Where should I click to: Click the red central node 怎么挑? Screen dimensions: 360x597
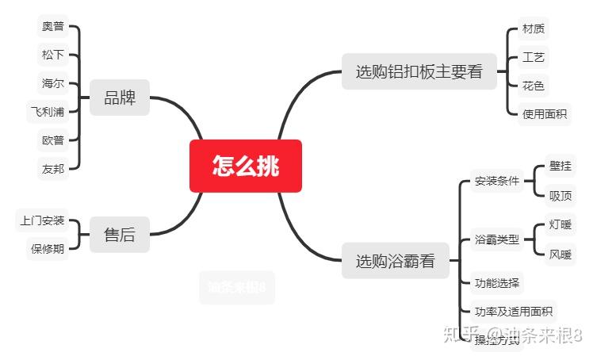pos(246,166)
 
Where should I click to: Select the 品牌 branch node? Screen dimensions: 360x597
pos(120,99)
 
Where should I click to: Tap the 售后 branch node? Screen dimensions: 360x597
pos(120,235)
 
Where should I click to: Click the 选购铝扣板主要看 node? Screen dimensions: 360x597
pos(419,71)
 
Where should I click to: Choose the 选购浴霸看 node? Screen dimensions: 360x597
pos(395,261)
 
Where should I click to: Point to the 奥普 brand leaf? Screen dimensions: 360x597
pos(53,26)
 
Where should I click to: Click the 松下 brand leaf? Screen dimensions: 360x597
pos(53,55)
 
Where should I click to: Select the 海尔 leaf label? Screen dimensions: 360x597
pos(53,82)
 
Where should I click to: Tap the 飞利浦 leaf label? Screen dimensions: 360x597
pos(48,111)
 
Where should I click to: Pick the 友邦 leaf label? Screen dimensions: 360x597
pos(53,168)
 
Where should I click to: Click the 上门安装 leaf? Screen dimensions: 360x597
pos(43,220)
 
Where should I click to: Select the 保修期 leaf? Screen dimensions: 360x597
pos(48,248)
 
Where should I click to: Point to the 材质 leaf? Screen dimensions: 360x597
pos(534,29)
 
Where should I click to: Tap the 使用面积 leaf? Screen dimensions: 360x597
pos(545,113)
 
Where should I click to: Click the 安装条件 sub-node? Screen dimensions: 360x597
pos(497,181)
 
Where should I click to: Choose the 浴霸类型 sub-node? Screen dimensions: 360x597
pos(497,239)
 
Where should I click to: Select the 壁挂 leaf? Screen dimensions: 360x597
pos(561,166)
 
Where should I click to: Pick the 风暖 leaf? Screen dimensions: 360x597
pos(561,254)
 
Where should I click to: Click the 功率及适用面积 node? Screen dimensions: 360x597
pos(514,311)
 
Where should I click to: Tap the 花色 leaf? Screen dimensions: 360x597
pos(534,85)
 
